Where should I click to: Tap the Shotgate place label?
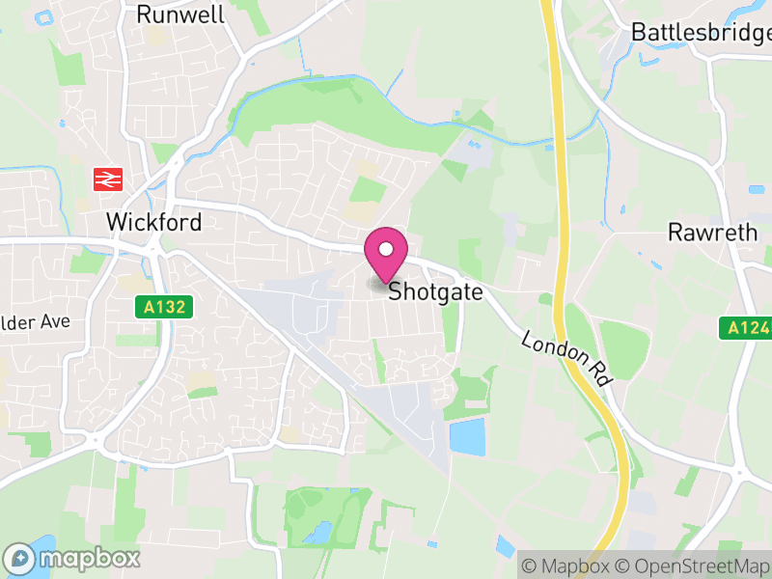point(434,291)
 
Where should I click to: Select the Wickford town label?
point(153,222)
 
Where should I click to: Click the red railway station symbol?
point(105,179)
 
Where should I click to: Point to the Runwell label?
point(180,14)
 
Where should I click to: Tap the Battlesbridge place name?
point(701,32)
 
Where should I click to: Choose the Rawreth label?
point(707,233)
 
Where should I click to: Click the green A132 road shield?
point(164,307)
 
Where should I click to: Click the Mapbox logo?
point(73,558)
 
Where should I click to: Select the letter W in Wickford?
point(116,222)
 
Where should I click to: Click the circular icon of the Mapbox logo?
point(19,558)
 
